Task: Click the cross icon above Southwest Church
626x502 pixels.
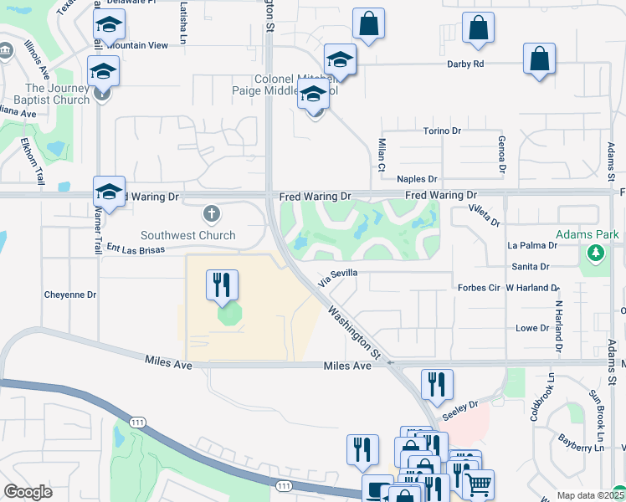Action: point(212,214)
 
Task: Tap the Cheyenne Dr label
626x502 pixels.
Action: point(70,295)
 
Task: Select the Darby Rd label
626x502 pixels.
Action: point(466,64)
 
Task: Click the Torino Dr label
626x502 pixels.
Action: point(441,131)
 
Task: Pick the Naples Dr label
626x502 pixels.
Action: point(417,179)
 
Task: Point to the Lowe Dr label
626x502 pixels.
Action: point(532,328)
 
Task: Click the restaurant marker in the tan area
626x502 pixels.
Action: point(223,285)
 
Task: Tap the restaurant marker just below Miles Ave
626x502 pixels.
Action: point(437,385)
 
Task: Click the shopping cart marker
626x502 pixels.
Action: point(478,484)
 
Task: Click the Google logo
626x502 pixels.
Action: point(28,492)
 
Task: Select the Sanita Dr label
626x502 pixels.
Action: point(532,267)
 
